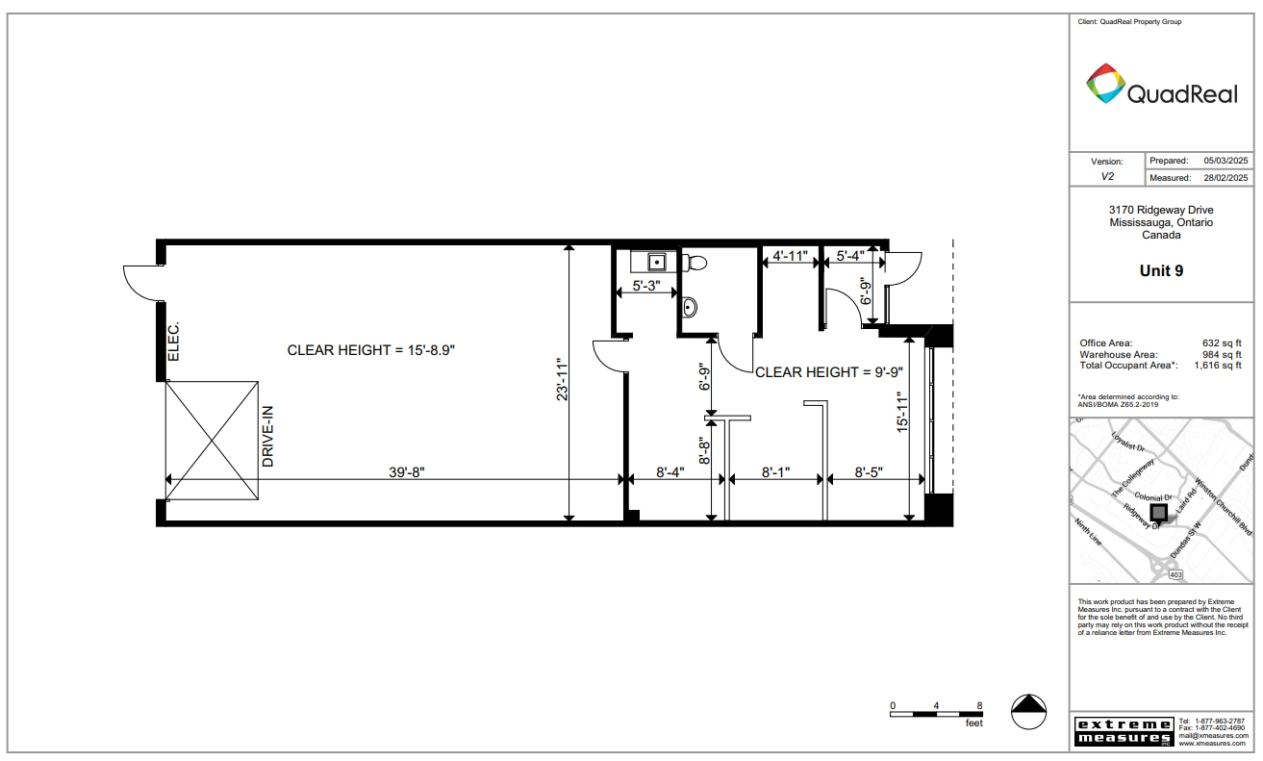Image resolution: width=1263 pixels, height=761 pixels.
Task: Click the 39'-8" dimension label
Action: pyautogui.click(x=407, y=472)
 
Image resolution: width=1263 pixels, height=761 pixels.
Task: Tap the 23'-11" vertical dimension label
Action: pyautogui.click(x=563, y=380)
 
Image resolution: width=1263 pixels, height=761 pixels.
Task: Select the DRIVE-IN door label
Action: pyautogui.click(x=268, y=436)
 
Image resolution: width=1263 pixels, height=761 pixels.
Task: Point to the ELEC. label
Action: pyautogui.click(x=174, y=341)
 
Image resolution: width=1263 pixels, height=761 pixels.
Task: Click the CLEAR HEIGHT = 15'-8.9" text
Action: pyautogui.click(x=370, y=350)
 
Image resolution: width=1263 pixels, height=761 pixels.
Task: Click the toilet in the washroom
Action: pyautogui.click(x=694, y=262)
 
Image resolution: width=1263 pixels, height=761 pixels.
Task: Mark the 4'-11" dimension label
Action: pyautogui.click(x=788, y=256)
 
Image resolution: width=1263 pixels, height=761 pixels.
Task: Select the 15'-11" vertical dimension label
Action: pyautogui.click(x=902, y=413)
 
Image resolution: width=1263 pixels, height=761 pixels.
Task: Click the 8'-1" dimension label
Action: pyautogui.click(x=777, y=472)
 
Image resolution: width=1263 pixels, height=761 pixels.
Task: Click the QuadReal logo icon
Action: pyautogui.click(x=1105, y=84)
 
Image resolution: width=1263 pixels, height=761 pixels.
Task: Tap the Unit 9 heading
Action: pyautogui.click(x=1161, y=271)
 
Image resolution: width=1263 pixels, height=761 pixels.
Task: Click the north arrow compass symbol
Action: pyautogui.click(x=1028, y=710)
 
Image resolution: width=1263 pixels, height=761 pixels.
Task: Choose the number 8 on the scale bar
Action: pyautogui.click(x=979, y=706)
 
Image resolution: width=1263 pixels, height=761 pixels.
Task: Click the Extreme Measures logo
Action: pyautogui.click(x=1123, y=731)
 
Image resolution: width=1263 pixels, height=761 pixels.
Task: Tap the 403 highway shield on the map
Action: pyautogui.click(x=1175, y=573)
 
